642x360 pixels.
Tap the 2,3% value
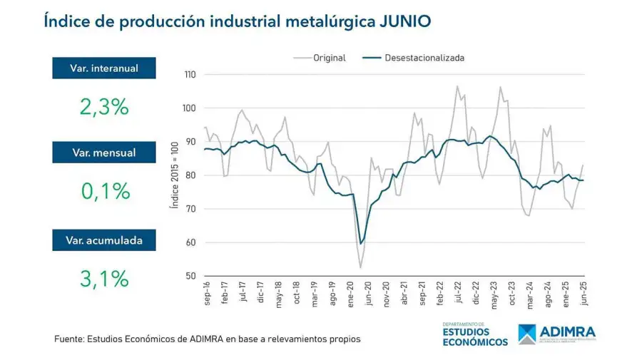[103, 107]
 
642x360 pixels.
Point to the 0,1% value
[103, 190]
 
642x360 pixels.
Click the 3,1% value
[103, 279]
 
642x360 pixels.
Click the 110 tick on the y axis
[190, 75]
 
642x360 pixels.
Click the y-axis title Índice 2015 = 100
[173, 175]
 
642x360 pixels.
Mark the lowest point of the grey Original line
[361, 268]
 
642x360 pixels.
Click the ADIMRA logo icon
[528, 334]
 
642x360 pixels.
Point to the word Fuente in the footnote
[70, 339]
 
